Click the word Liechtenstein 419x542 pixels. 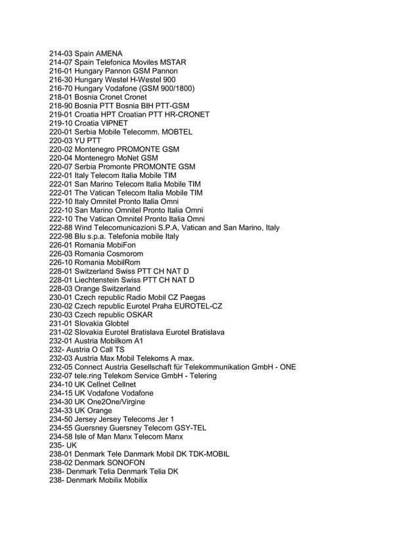coord(102,280)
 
